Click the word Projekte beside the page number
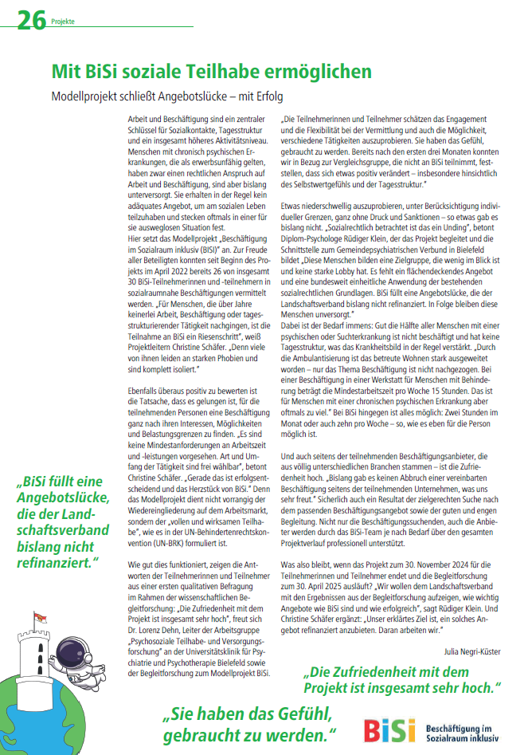pos(63,22)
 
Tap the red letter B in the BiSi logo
pos(373,731)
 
